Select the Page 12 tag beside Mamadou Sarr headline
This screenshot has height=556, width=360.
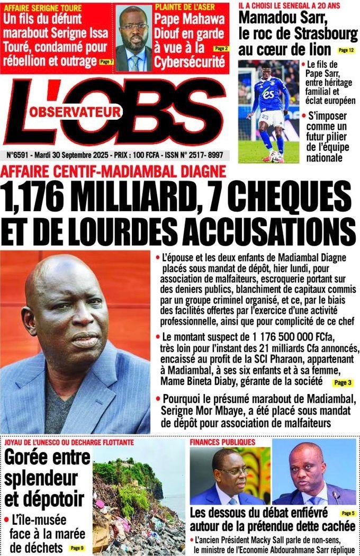[x=345, y=50]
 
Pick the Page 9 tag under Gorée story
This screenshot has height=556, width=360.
[x=77, y=548]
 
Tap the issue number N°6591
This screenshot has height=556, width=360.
[x=19, y=156]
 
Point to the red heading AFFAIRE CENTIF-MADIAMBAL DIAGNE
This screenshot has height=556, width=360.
[x=114, y=171]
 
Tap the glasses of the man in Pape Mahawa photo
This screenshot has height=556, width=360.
[x=133, y=26]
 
